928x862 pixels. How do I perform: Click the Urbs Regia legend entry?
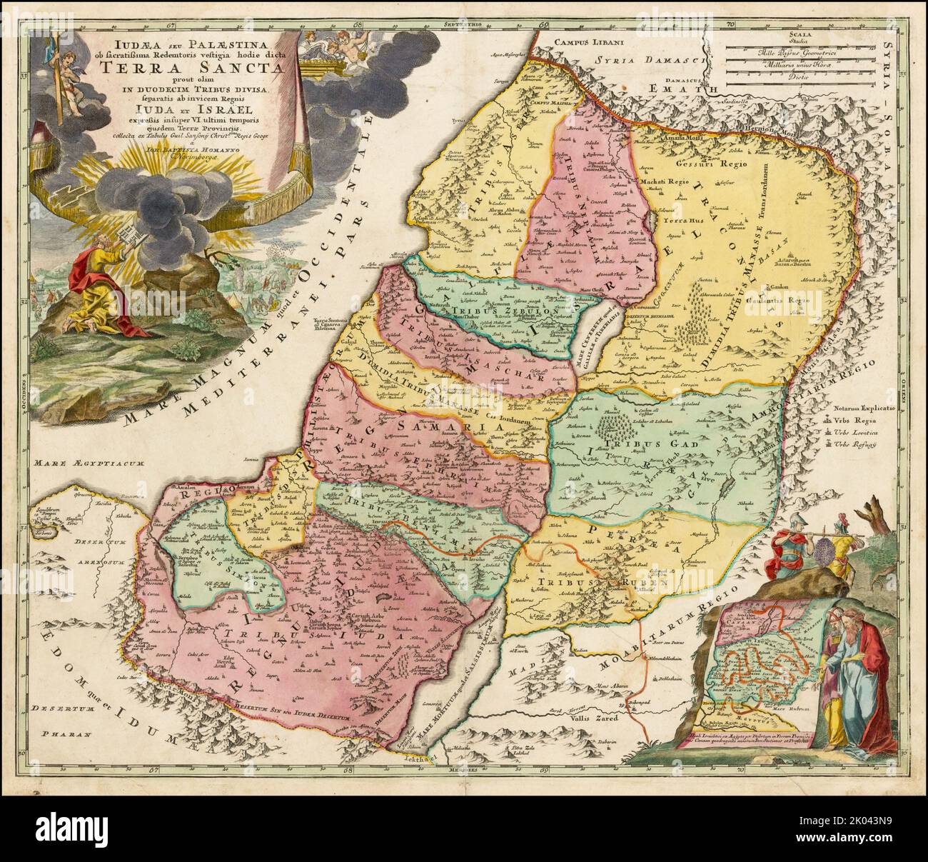(874, 421)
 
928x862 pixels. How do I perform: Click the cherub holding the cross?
(70, 69)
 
